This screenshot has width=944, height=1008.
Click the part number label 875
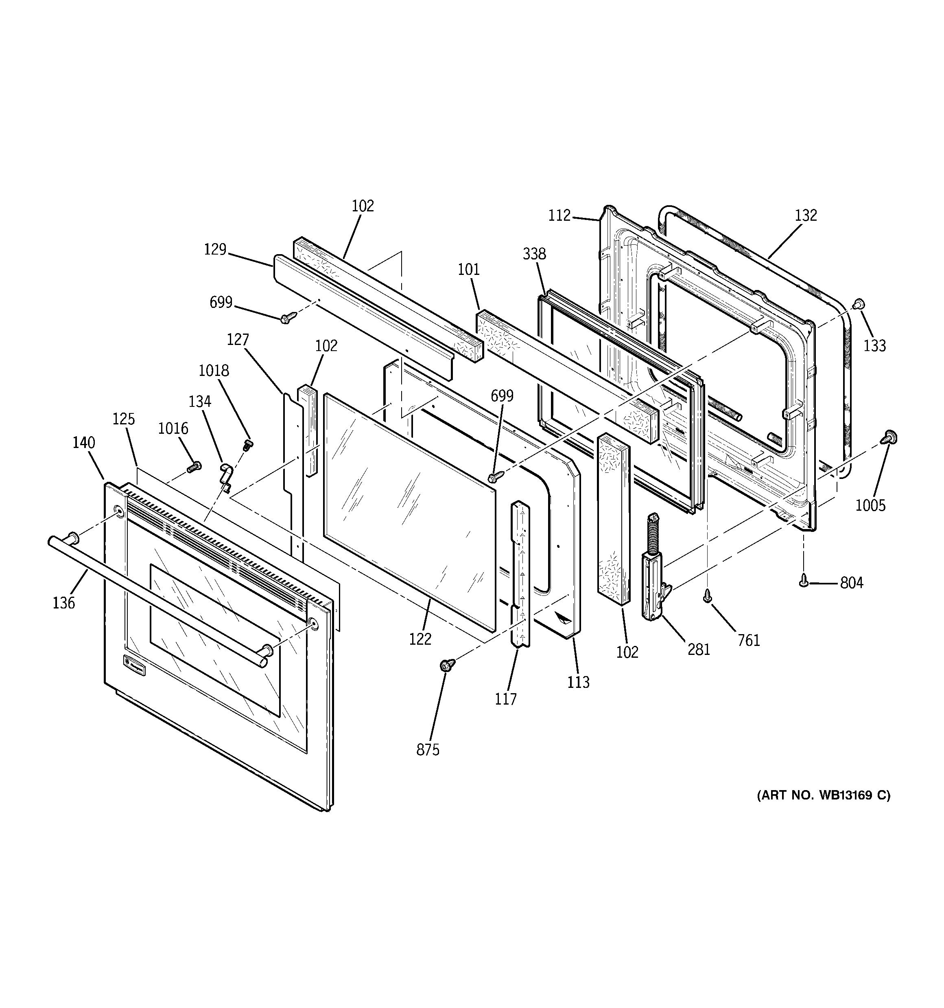click(428, 750)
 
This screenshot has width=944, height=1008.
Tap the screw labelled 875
click(447, 664)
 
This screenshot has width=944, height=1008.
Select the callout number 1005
click(870, 505)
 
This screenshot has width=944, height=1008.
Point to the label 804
click(852, 583)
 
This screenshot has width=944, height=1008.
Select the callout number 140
click(83, 443)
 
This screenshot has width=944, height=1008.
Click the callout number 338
click(534, 253)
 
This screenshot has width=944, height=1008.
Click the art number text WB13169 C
click(824, 810)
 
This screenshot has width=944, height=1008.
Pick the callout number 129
click(215, 250)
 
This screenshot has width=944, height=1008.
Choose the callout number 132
click(806, 215)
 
